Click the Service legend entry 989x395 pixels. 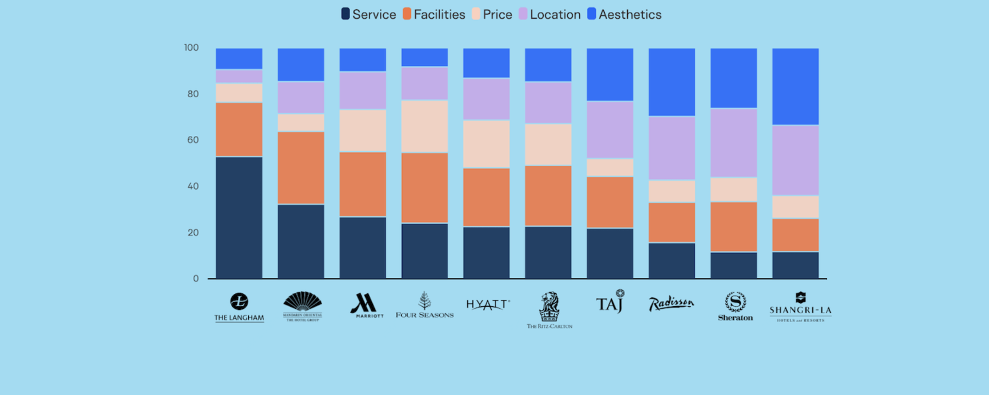[368, 14]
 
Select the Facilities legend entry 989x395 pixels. [434, 14]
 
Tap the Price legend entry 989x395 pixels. [492, 14]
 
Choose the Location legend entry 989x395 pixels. [550, 14]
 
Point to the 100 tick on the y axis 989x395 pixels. [191, 48]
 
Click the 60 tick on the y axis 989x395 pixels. [192, 140]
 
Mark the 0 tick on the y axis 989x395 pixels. [196, 278]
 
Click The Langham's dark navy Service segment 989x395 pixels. [239, 218]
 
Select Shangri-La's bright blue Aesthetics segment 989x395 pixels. [795, 86]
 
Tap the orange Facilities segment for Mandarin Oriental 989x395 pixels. [301, 168]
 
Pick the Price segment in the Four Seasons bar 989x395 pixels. [425, 126]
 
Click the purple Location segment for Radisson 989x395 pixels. [672, 148]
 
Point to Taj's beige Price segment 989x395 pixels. [610, 167]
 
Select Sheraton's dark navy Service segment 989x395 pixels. [733, 265]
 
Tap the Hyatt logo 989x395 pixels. [487, 304]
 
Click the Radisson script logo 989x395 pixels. [671, 303]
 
